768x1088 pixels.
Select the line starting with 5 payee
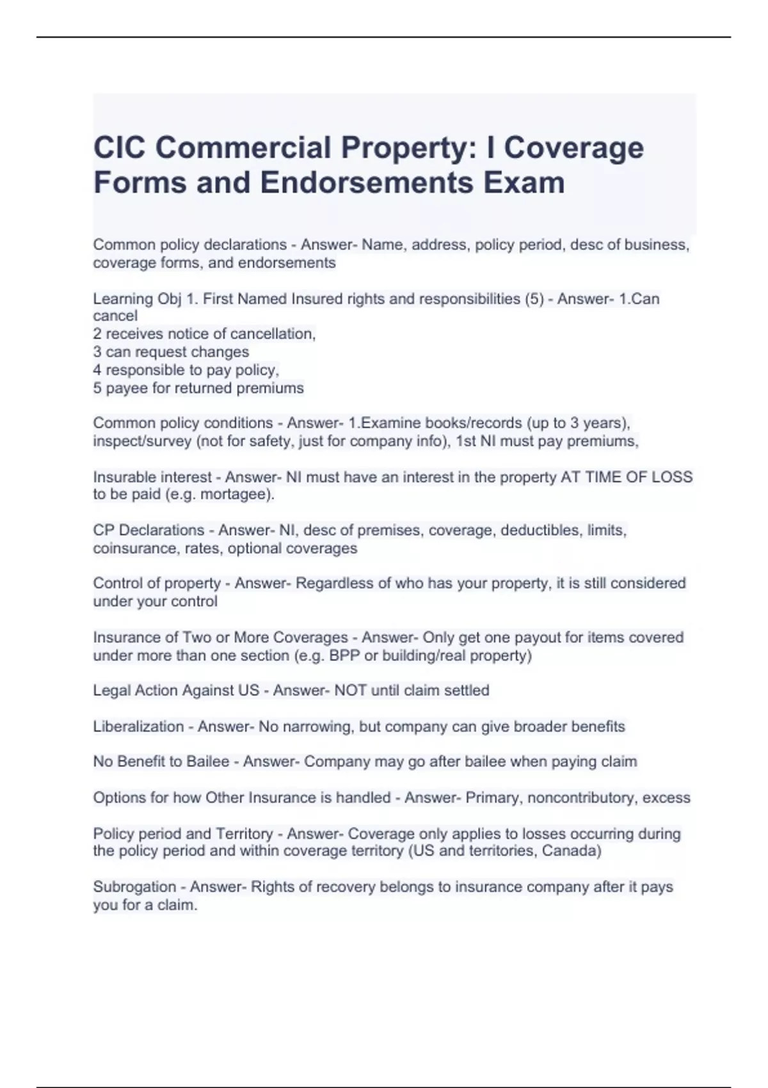[198, 388]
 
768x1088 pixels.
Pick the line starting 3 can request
[171, 352]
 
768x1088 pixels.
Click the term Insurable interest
[152, 477]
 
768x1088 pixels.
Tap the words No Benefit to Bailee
[161, 762]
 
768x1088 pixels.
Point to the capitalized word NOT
[350, 691]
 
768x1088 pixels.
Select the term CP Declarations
[148, 531]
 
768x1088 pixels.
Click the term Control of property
[157, 584]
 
